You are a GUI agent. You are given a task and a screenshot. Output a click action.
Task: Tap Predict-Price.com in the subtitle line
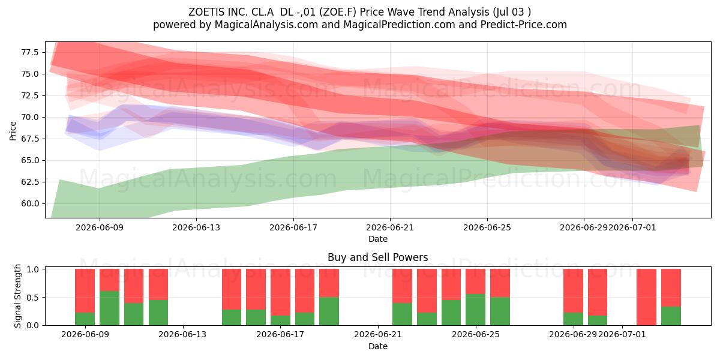pos(524,25)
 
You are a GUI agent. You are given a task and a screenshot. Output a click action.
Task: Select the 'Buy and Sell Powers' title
pos(377,257)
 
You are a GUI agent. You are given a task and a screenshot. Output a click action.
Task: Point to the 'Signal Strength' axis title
pos(17,296)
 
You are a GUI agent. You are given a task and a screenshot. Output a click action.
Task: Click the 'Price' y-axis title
pos(13,131)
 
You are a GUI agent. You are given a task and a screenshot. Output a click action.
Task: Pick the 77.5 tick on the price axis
pos(30,52)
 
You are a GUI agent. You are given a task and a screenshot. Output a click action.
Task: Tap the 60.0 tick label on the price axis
pos(30,203)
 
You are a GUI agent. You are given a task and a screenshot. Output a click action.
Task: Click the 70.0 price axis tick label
pos(30,117)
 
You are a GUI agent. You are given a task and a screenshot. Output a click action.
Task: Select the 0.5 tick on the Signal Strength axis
pos(32,298)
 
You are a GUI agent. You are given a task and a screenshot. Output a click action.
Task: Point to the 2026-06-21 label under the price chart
pos(390,227)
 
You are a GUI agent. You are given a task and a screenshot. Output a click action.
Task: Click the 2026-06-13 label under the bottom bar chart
pos(182,335)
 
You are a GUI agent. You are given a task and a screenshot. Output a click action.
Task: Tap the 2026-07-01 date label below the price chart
pos(632,227)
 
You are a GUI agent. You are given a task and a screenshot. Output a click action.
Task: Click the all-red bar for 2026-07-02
pos(646,297)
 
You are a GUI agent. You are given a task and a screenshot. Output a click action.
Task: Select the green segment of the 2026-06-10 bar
pos(109,308)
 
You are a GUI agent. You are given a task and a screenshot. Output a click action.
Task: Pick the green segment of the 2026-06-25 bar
pos(500,311)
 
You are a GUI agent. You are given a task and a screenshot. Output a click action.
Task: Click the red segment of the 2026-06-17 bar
pos(280,292)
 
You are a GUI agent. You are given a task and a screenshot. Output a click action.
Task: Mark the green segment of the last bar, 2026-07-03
pos(671,316)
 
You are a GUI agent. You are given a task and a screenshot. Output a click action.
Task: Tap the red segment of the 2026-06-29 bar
pos(573,290)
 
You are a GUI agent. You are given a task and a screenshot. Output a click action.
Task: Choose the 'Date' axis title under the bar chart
pos(377,346)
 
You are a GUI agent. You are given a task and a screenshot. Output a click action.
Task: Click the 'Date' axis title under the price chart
pos(377,239)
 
